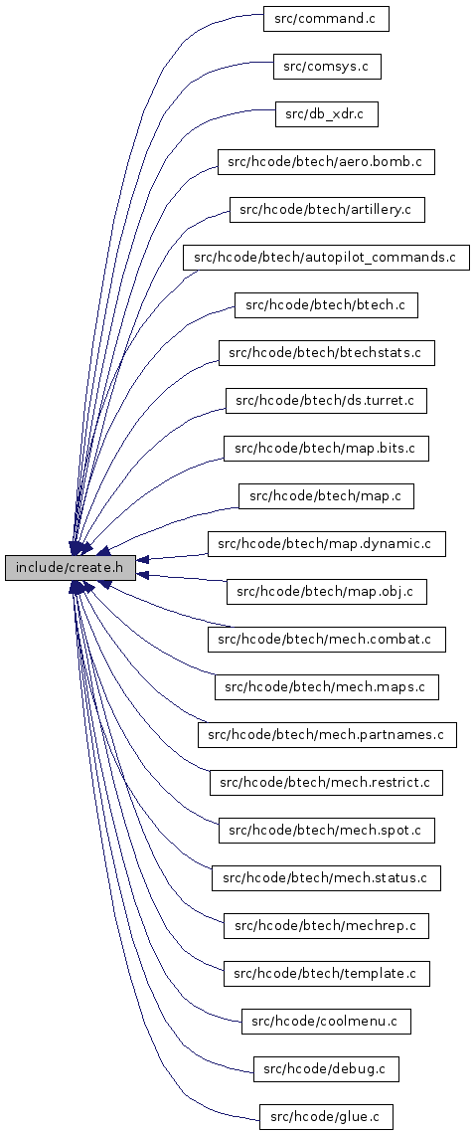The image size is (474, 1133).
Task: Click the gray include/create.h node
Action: click(x=71, y=568)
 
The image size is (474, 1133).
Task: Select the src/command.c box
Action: click(x=326, y=18)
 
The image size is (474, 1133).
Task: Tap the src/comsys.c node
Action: click(x=327, y=67)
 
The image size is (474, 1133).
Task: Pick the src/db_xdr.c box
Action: click(x=327, y=114)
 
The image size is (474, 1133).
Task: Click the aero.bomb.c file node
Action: click(x=326, y=162)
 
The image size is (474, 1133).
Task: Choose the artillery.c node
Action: click(x=327, y=210)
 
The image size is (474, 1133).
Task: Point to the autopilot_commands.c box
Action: click(x=326, y=258)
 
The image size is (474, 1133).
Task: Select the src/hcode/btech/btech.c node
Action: click(x=326, y=305)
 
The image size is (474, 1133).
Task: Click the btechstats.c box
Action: click(x=327, y=352)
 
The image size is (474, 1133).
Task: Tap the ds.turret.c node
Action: click(x=326, y=400)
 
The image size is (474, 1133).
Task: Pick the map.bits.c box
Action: click(x=326, y=448)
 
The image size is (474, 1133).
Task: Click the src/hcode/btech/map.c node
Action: click(x=326, y=495)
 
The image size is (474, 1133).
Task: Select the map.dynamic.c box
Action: click(x=327, y=543)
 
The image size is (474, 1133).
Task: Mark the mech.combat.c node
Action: click(x=327, y=639)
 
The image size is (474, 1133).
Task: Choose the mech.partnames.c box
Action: click(x=327, y=734)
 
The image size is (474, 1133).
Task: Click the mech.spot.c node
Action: click(x=327, y=830)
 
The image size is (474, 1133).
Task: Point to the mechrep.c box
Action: click(x=326, y=925)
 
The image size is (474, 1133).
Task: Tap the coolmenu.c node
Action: click(x=326, y=1021)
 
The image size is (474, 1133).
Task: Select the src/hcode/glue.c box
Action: click(x=326, y=1116)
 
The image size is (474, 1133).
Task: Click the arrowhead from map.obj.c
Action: click(x=143, y=575)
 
